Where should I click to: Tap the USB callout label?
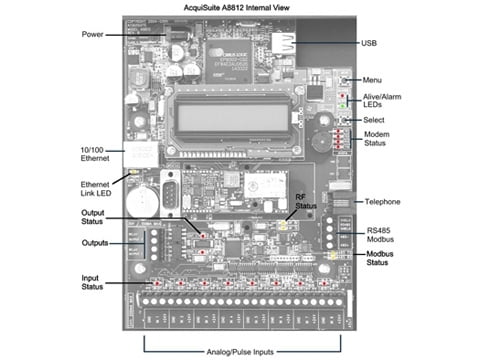[370, 44]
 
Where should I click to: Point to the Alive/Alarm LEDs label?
[383, 100]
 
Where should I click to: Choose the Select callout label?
[376, 121]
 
